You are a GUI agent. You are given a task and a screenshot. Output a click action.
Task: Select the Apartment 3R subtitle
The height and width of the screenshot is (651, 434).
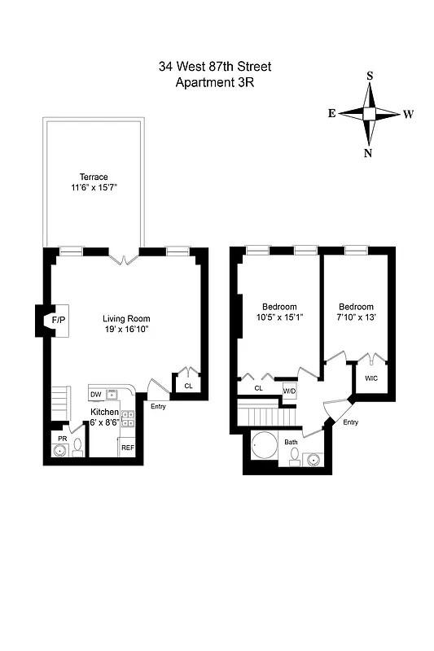coord(217,83)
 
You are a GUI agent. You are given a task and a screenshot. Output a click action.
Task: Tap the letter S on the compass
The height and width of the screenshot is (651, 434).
coord(370,76)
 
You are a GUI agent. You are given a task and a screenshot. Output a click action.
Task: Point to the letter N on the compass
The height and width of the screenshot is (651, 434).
coord(369,152)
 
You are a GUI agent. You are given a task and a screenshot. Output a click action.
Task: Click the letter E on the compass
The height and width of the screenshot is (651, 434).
coord(332,114)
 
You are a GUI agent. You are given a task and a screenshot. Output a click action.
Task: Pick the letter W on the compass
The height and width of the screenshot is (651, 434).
coord(407,114)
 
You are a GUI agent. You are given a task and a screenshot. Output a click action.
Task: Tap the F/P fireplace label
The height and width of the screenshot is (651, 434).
coord(59,321)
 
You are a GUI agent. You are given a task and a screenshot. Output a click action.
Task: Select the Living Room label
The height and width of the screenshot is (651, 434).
coord(126,318)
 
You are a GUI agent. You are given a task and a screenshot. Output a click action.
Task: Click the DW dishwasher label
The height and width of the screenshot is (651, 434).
coord(96,395)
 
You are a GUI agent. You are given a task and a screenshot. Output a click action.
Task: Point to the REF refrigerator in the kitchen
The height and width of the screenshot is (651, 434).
coord(128,447)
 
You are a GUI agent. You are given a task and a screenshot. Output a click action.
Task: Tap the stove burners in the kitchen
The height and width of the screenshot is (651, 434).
coord(128,418)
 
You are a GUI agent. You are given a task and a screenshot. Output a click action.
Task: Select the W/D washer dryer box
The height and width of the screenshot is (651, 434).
coord(289,391)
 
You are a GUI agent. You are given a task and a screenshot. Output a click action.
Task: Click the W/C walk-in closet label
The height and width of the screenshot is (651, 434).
coord(370,378)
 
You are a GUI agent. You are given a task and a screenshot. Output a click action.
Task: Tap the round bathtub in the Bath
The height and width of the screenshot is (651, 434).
coord(264,448)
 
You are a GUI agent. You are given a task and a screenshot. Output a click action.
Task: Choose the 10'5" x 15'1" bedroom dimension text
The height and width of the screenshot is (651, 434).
coord(280,317)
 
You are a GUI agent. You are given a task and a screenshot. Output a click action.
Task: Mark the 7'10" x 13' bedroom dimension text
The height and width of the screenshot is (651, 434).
coord(356,317)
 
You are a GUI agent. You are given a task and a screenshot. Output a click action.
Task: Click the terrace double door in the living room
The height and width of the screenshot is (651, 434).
coord(124,259)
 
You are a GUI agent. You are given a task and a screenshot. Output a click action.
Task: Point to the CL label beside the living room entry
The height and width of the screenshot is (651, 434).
coord(187,387)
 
